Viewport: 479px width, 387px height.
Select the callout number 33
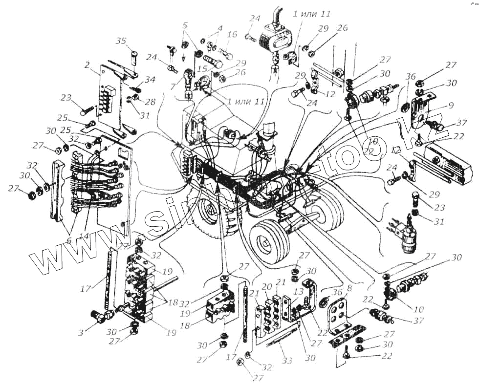(x=287, y=360)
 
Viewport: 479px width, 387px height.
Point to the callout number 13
(x=297, y=292)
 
